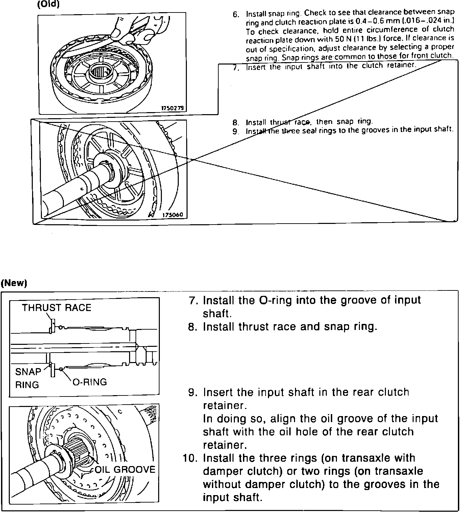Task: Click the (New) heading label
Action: point(14,283)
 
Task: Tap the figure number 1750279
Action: point(172,108)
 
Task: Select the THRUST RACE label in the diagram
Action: point(56,308)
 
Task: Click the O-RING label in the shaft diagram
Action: point(90,382)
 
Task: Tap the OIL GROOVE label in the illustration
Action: point(125,469)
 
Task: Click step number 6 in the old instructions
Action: point(236,14)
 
